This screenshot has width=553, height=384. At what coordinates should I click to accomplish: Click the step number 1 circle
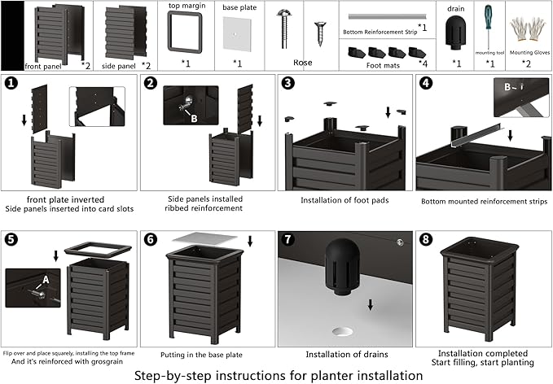click(x=11, y=83)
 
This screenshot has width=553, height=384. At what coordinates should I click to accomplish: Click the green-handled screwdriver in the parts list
click(x=489, y=32)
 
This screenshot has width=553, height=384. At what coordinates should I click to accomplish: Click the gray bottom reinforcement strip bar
click(x=383, y=16)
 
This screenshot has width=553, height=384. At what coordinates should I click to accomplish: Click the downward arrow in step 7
click(x=371, y=304)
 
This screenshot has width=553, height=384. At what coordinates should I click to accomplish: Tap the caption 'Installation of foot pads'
click(x=344, y=200)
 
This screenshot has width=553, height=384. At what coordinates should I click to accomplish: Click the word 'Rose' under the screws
click(x=303, y=61)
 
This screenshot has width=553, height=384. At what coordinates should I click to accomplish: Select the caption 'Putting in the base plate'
click(x=204, y=354)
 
